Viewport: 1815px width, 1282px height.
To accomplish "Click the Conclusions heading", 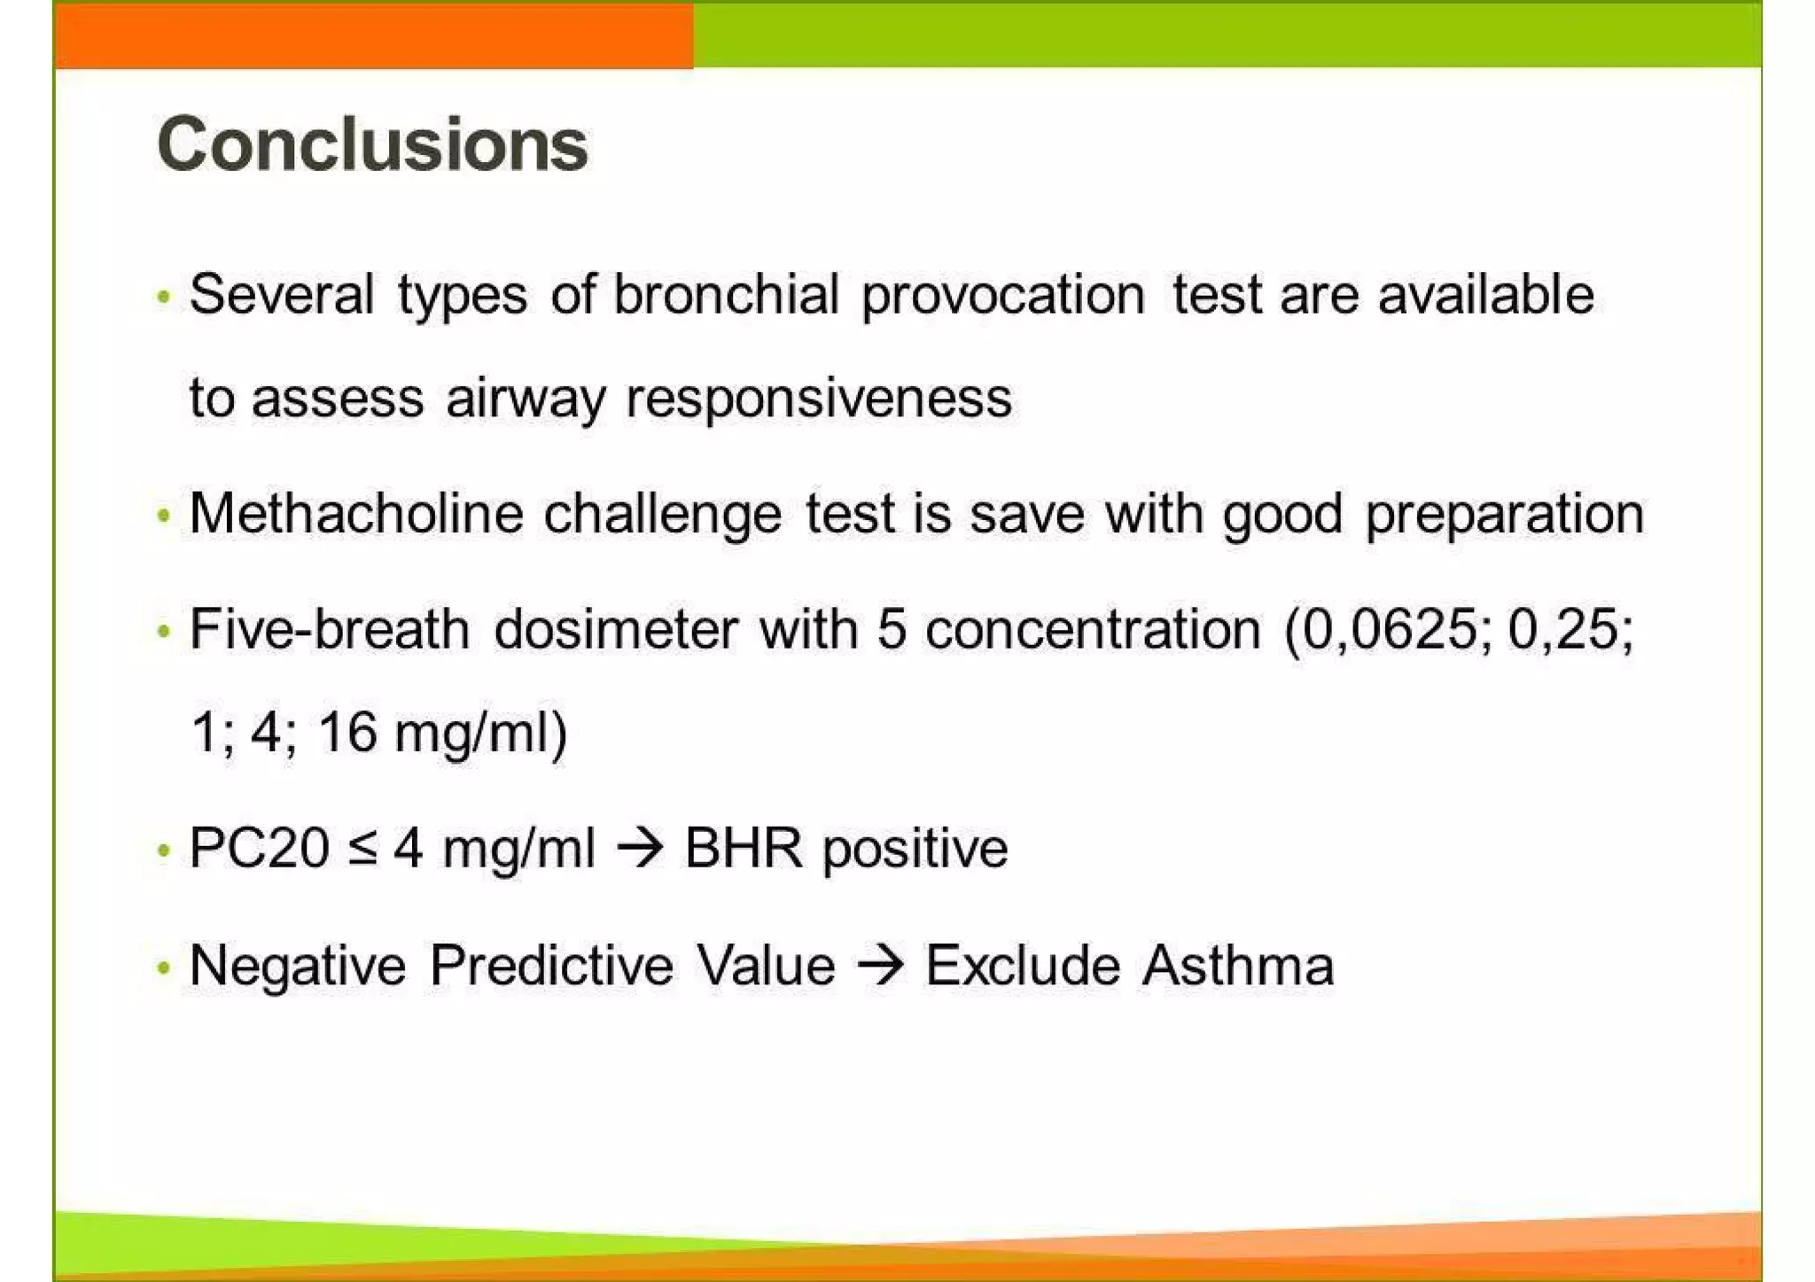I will [372, 144].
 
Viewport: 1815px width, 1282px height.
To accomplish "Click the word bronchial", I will [726, 294].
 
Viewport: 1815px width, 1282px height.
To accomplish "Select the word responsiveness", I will [819, 399].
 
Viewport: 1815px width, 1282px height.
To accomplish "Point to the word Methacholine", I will [356, 513].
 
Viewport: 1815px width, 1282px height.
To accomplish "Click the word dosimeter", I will [615, 629].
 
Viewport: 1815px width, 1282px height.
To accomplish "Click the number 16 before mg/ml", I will [347, 733].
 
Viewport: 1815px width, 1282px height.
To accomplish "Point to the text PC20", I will [259, 848].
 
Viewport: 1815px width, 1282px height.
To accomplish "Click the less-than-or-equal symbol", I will [362, 849].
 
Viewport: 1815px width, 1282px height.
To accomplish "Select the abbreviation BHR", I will [744, 848].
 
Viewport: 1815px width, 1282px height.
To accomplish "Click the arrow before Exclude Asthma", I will [881, 965].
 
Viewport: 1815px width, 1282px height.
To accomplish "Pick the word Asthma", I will [1238, 965].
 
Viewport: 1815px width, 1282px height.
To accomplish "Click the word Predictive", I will [551, 965].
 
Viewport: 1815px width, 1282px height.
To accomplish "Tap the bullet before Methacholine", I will [163, 515].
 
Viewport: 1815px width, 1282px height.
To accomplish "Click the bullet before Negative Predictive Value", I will [163, 967].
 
